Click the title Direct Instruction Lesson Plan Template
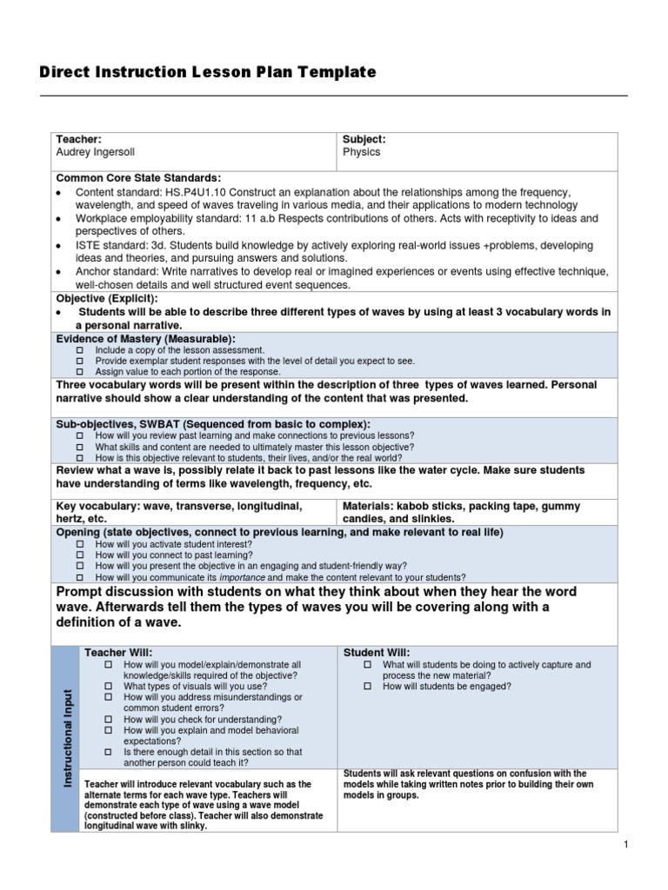point(208,73)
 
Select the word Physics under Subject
point(361,152)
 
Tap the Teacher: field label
point(79,139)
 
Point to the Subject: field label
point(364,139)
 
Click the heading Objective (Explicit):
point(107,297)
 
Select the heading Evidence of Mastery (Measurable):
point(146,338)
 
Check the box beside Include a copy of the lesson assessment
point(80,349)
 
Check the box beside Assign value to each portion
point(80,370)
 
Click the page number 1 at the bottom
point(625,845)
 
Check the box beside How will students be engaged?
point(367,687)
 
